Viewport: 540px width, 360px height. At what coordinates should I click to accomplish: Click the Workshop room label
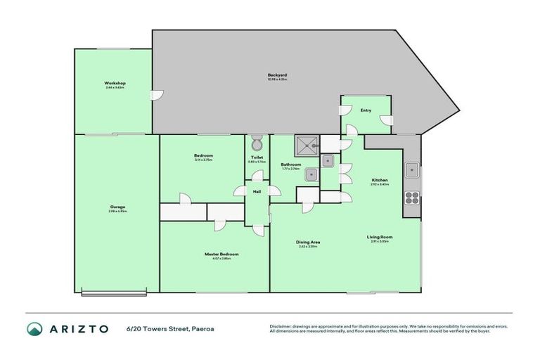point(115,83)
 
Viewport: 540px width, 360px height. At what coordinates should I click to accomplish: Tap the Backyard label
point(277,75)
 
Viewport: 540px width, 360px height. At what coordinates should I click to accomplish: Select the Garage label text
point(117,207)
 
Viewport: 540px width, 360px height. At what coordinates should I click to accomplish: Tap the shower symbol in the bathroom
point(306,146)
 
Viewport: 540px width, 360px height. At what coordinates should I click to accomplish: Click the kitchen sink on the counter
point(412,169)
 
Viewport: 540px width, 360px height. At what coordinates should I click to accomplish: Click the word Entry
point(366,110)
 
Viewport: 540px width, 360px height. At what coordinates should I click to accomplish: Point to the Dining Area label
point(308,243)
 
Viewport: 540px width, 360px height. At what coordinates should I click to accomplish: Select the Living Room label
point(379,237)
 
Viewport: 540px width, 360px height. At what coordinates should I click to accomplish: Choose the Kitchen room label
point(380,181)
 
